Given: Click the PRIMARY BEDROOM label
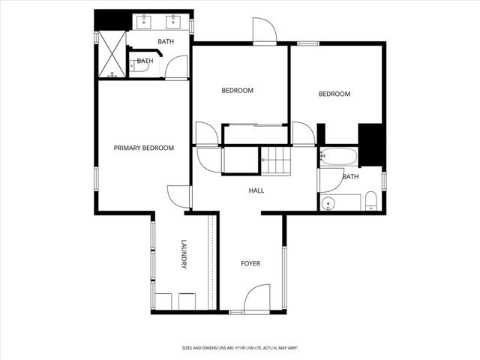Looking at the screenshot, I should [x=143, y=148].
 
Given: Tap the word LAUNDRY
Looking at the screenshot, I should [x=183, y=255].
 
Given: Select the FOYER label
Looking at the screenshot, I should [x=250, y=264].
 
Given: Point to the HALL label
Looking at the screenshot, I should [x=256, y=190].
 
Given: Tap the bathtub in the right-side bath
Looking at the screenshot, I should [x=337, y=157].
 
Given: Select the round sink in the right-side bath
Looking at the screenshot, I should [x=328, y=202].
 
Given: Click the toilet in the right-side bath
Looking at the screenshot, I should [x=370, y=201].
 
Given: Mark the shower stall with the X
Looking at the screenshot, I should [x=112, y=55].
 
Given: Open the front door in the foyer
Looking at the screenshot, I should [x=256, y=298].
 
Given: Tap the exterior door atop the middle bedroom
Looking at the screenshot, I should [x=265, y=31].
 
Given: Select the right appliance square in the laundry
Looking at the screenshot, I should [x=187, y=301].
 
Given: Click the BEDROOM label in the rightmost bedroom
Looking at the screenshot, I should [x=334, y=94].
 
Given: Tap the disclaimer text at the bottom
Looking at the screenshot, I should [x=239, y=348].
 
